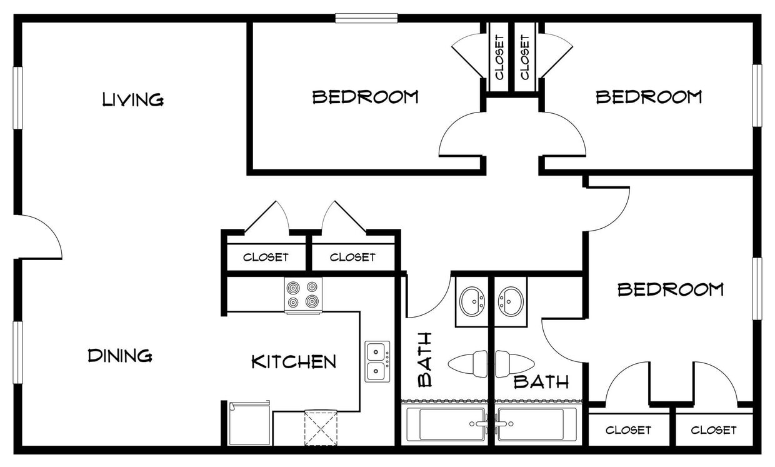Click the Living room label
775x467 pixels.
[133, 99]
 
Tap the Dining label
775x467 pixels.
[119, 356]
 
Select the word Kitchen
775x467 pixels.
[294, 361]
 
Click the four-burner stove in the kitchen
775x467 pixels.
[303, 294]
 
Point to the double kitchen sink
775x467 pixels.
[377, 361]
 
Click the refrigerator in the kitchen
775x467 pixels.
[249, 423]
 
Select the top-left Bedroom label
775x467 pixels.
[365, 97]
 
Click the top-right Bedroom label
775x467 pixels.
[648, 97]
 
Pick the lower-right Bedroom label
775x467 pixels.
[670, 289]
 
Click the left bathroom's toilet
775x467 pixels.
[468, 364]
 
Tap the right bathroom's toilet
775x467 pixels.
[514, 364]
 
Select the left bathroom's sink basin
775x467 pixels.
[472, 301]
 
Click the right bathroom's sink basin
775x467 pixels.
[511, 301]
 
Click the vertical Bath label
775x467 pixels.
[425, 359]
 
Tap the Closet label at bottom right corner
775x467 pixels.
[713, 430]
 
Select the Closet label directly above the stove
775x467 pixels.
[266, 257]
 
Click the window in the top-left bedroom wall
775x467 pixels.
[366, 18]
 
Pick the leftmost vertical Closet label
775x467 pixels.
[499, 57]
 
